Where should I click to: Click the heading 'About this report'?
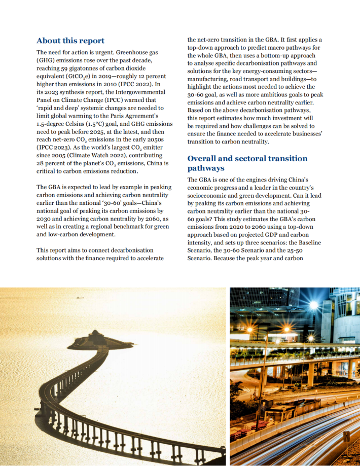click(x=70, y=41)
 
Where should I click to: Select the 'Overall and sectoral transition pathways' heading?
click(x=247, y=163)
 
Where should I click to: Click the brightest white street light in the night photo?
click(x=313, y=305)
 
